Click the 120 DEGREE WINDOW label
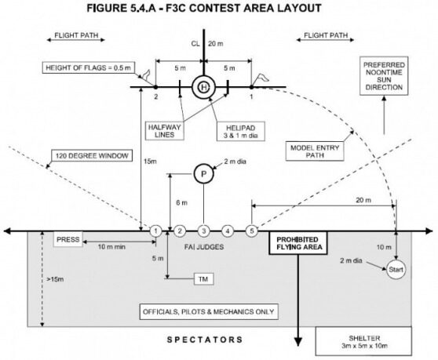[92, 156]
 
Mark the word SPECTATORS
[205, 340]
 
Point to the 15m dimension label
[150, 162]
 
